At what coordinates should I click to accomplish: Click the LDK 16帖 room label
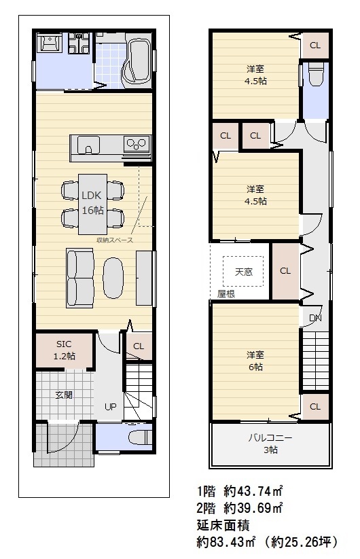[92, 202]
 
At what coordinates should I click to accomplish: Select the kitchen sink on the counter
[88, 145]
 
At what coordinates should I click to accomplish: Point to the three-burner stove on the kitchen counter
[135, 145]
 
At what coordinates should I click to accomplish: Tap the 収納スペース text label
[114, 240]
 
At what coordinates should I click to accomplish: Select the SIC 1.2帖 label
[64, 350]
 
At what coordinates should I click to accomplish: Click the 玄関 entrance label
[64, 395]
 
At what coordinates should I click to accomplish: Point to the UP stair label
[109, 406]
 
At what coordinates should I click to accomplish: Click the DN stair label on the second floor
[315, 318]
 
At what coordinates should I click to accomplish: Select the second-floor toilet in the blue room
[314, 77]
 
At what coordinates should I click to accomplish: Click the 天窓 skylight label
[243, 272]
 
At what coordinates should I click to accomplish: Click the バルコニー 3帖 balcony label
[270, 443]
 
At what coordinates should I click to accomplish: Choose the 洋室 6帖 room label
[255, 361]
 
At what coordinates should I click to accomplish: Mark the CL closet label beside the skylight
[285, 271]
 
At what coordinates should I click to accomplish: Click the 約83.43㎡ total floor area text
[228, 542]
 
